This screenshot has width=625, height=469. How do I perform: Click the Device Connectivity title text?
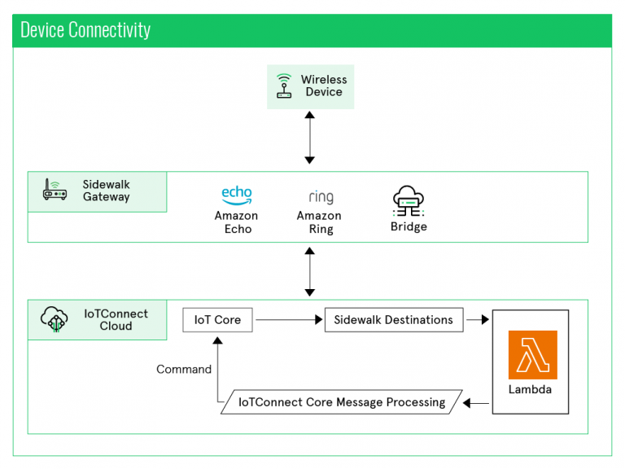coord(85,31)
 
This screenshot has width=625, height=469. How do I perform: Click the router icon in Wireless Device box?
coord(283,85)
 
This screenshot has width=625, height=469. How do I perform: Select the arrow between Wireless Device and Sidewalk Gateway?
coord(309,138)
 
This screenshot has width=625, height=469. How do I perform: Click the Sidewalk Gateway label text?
coord(106,191)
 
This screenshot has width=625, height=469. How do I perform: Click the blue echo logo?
coord(237,195)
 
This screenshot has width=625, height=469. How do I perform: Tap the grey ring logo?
coord(321,196)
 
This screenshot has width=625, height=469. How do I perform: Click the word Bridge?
coord(409,227)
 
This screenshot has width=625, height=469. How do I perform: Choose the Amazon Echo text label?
coord(237,222)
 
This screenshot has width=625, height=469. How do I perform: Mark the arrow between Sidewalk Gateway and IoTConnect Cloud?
coord(309,270)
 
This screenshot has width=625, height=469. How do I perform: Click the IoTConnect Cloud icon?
coord(55,319)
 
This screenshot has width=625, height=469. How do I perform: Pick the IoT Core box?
coord(217,320)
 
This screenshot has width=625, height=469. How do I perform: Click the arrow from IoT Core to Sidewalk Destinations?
coord(288,320)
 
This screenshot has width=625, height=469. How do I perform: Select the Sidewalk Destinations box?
coord(393,320)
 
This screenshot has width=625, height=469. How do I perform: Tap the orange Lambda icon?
coord(532,354)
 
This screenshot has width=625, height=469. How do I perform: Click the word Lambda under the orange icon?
coord(530,390)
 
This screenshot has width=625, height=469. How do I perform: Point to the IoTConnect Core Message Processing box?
coord(342,402)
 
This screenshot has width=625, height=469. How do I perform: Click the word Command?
coord(184,370)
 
